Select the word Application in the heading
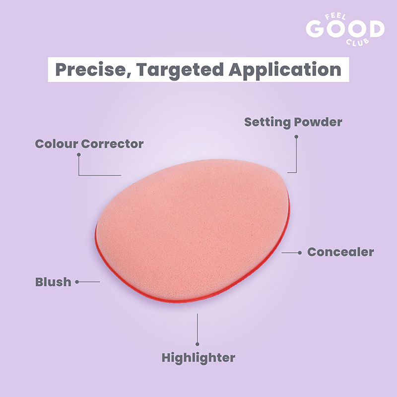click(284, 69)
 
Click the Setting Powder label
click(293, 122)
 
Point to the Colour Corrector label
click(89, 144)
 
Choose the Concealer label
click(340, 252)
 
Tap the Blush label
click(53, 282)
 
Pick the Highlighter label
click(198, 357)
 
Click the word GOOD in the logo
click(345, 30)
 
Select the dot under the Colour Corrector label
click(78, 154)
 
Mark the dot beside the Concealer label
click(300, 253)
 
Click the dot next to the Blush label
click(77, 282)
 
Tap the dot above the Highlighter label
click(198, 343)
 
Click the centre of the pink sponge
click(194, 228)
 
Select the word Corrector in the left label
click(113, 144)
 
